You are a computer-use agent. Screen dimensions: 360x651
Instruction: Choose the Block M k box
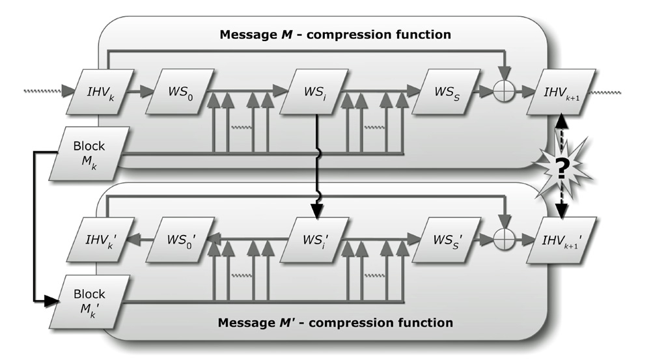89,153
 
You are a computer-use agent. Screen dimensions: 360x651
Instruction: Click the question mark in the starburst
561,171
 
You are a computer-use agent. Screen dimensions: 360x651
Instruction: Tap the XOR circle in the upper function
504,91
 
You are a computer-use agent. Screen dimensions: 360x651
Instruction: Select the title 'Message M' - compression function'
335,322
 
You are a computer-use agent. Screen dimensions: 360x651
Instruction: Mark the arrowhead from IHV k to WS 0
138,91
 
